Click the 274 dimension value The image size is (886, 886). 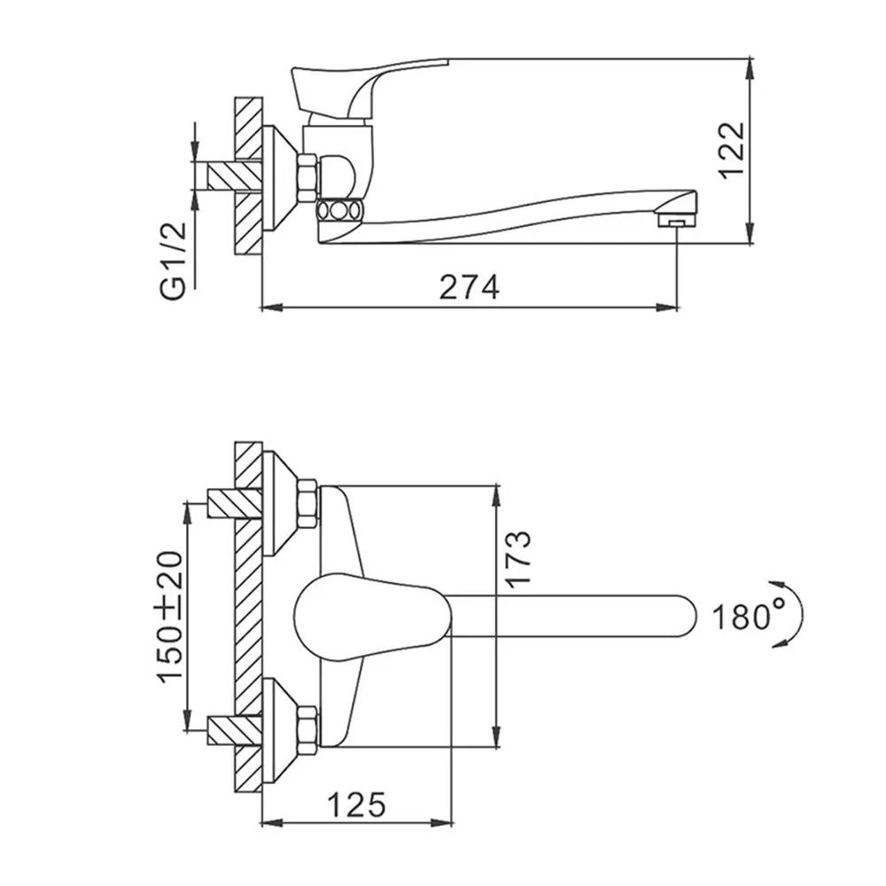(x=469, y=287)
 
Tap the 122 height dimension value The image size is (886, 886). (x=733, y=151)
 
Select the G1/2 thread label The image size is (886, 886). (x=174, y=260)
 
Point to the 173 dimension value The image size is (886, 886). (x=518, y=559)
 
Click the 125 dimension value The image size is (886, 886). (x=357, y=804)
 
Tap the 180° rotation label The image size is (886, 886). (x=750, y=616)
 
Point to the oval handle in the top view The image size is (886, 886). (x=373, y=617)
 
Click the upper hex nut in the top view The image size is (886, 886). (x=308, y=503)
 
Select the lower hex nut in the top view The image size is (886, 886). (x=308, y=731)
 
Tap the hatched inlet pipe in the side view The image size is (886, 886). (x=235, y=175)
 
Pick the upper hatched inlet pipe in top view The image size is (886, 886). (x=235, y=503)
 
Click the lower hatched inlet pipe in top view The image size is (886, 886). (x=235, y=730)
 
